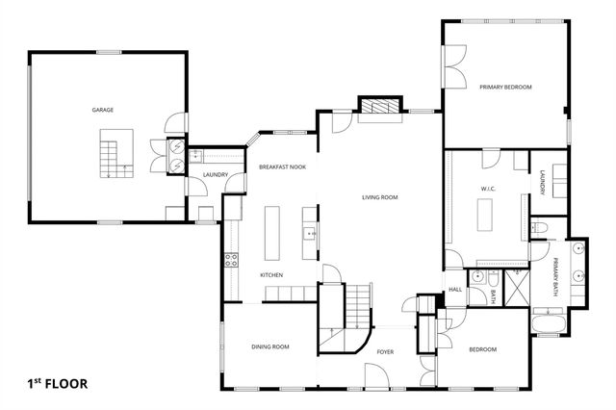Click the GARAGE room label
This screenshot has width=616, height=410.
point(103,110)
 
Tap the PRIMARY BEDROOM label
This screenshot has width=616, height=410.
point(505,87)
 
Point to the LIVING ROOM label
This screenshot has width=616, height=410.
point(379,197)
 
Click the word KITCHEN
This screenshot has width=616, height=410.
point(271,275)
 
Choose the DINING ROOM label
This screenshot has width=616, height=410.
point(269,346)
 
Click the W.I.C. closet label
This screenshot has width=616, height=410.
point(487,189)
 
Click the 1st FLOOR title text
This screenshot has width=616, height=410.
point(57,383)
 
